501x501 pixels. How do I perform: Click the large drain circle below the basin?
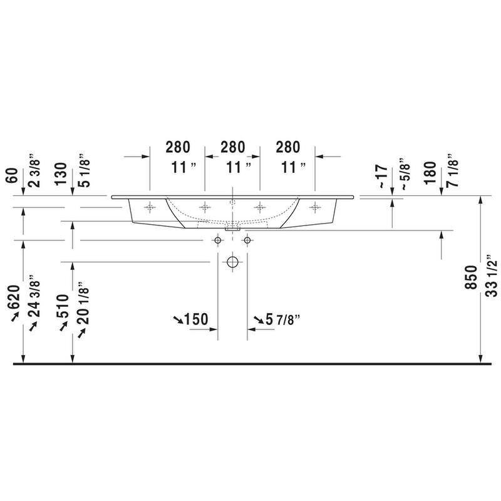click(x=233, y=261)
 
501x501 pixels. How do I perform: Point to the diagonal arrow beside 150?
click(x=178, y=320)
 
